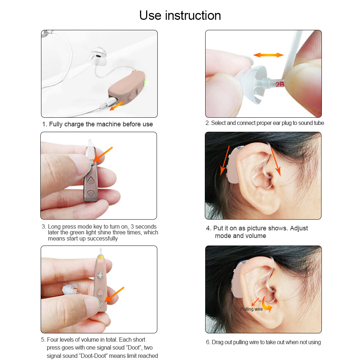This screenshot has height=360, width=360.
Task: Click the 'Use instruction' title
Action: (x=180, y=15)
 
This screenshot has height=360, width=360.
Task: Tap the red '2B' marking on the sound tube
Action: (x=280, y=85)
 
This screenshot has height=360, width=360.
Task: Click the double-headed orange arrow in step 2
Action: (x=269, y=55)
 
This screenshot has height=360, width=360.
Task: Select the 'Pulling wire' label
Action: (x=251, y=309)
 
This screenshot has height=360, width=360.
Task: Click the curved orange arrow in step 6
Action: (x=267, y=305)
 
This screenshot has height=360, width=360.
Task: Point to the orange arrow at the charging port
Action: (x=117, y=105)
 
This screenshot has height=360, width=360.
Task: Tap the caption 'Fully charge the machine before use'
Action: (x=97, y=124)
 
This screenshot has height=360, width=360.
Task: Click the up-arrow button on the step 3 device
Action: (x=91, y=180)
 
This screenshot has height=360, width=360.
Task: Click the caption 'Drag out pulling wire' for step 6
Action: (x=263, y=342)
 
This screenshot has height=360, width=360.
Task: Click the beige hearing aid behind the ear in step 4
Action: (x=233, y=166)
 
